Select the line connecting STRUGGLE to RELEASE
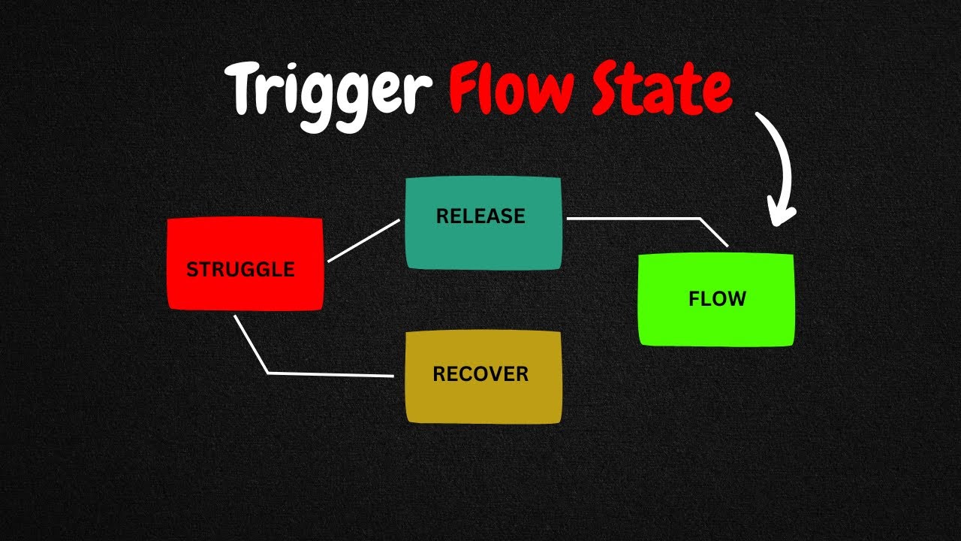pos(364,240)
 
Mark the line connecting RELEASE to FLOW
pos(638,219)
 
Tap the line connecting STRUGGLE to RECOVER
pos(330,373)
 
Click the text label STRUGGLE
pos(240,270)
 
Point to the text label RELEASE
pos(480,216)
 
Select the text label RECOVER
pos(480,373)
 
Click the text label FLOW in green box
pos(717,299)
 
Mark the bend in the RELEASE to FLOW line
pos(700,219)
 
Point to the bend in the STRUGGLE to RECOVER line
pos(268,373)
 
